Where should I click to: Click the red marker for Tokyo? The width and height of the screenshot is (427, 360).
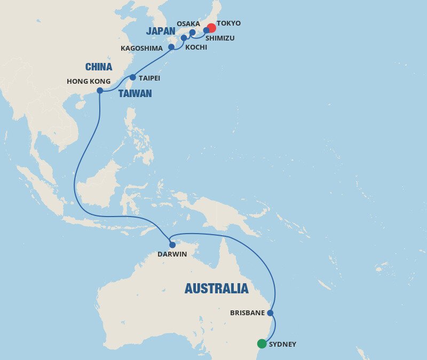pos(211,28)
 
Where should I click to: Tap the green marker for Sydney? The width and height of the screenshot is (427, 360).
pos(262,344)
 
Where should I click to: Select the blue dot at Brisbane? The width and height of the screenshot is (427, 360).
pos(270,313)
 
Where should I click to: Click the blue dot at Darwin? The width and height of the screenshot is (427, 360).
pos(172,245)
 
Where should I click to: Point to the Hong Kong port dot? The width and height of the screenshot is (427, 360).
pos(100,91)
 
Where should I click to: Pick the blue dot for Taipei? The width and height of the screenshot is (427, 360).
pos(133,77)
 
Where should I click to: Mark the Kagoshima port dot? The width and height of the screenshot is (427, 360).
pos(171,47)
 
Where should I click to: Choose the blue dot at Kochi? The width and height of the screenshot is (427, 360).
pos(184,38)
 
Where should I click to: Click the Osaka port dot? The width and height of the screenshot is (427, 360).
pos(193,32)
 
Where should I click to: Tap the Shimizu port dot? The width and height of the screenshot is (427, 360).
pos(206,30)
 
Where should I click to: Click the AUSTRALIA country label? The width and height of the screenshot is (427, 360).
pos(216,289)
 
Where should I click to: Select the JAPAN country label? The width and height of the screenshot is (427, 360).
pos(161,31)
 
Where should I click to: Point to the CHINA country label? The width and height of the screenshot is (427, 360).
pos(99,67)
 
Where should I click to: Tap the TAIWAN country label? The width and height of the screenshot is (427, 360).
pos(135,94)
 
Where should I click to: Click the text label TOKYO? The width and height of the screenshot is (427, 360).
pos(228,23)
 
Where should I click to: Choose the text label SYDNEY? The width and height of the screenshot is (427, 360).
pos(283,345)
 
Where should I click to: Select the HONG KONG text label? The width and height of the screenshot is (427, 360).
pos(89,82)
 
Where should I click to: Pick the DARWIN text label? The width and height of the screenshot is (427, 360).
pos(172,254)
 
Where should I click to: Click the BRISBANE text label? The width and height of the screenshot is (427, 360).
pos(248,313)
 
